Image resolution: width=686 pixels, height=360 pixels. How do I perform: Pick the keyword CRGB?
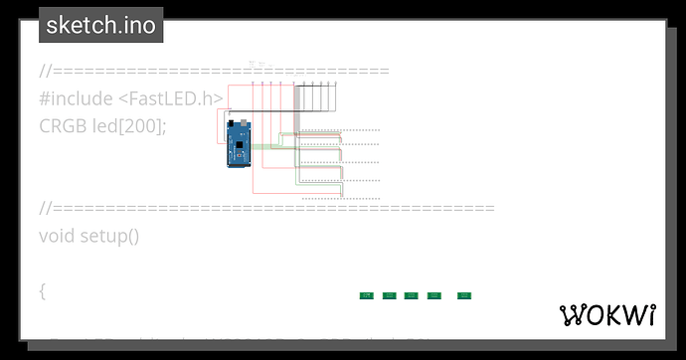pyautogui.click(x=62, y=126)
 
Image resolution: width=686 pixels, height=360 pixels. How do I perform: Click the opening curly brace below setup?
pyautogui.click(x=43, y=291)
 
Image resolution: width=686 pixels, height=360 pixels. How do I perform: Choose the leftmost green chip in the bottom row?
pyautogui.click(x=366, y=295)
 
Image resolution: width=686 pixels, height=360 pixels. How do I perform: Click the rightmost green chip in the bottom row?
pyautogui.click(x=463, y=295)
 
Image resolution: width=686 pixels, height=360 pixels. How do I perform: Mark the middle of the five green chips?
pyautogui.click(x=412, y=295)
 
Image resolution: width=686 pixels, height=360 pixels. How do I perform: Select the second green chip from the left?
pyautogui.click(x=390, y=295)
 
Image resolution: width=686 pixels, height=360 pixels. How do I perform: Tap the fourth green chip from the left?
pyautogui.click(x=433, y=295)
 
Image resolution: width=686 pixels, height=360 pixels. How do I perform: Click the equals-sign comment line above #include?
pyautogui.click(x=214, y=71)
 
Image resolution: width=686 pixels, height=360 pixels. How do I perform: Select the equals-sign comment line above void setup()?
pyautogui.click(x=266, y=208)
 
